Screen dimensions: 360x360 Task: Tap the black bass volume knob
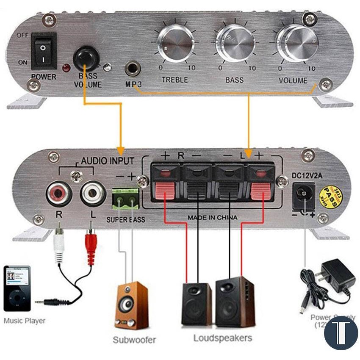tap(86, 57)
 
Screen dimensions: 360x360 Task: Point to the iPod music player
tap(17, 288)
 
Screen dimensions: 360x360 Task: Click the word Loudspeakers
tap(222, 338)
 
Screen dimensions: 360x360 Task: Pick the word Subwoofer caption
tap(134, 339)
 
